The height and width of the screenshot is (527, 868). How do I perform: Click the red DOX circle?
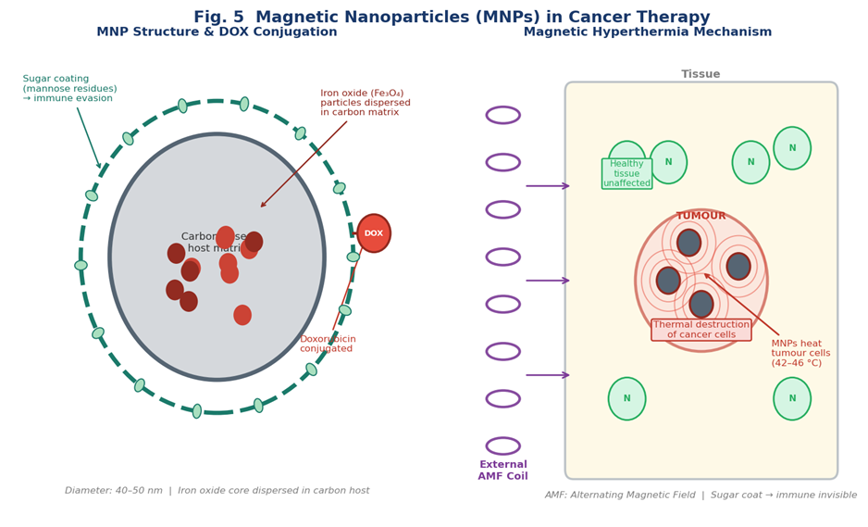pos(373,233)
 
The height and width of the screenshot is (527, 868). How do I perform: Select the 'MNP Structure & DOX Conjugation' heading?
pos(217,32)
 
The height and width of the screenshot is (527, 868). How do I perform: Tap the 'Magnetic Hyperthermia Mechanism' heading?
pos(647,32)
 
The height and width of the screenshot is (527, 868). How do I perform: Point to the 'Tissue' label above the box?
pos(701,74)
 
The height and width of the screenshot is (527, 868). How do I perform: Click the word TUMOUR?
pos(701,216)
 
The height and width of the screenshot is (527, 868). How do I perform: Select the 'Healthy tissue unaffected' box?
pos(626,173)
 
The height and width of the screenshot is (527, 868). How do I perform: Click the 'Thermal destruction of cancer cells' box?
pos(701,330)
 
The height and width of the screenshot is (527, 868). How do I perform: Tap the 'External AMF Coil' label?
pos(502,470)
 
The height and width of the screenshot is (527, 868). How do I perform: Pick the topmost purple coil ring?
pos(502,115)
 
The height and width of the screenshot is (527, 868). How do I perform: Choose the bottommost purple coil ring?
pos(502,445)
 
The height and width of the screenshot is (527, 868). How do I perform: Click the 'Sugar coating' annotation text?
pos(69,89)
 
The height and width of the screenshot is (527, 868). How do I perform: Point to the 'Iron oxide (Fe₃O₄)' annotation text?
pos(365,103)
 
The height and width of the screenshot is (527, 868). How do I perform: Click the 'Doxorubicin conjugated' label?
pos(328,344)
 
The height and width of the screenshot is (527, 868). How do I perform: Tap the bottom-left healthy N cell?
pos(626,398)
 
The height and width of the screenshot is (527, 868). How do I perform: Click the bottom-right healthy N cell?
pos(791,398)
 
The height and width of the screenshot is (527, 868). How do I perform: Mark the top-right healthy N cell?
pos(791,148)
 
